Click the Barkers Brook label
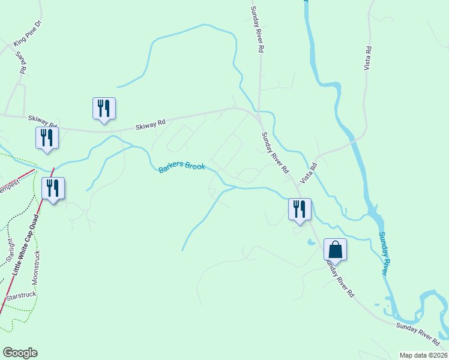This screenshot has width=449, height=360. pos(182,167)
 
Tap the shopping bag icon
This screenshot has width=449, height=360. pos(335,250)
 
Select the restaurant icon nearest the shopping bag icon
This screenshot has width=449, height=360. pos(299,209)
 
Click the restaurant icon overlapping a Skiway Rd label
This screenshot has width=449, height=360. pos(46,138)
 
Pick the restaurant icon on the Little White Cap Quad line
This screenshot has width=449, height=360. pos(53,188)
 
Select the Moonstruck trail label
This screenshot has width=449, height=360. pos(37,266)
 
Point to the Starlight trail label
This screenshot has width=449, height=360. pos(10,251)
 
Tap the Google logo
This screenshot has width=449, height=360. pos(20,353)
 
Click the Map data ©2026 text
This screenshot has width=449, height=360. pos(423,355)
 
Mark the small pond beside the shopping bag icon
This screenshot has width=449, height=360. pos(309,242)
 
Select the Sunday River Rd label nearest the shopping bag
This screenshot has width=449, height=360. pos(339,278)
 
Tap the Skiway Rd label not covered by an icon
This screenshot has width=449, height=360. pos(150,125)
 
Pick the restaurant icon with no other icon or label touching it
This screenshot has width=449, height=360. pos(104,109)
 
